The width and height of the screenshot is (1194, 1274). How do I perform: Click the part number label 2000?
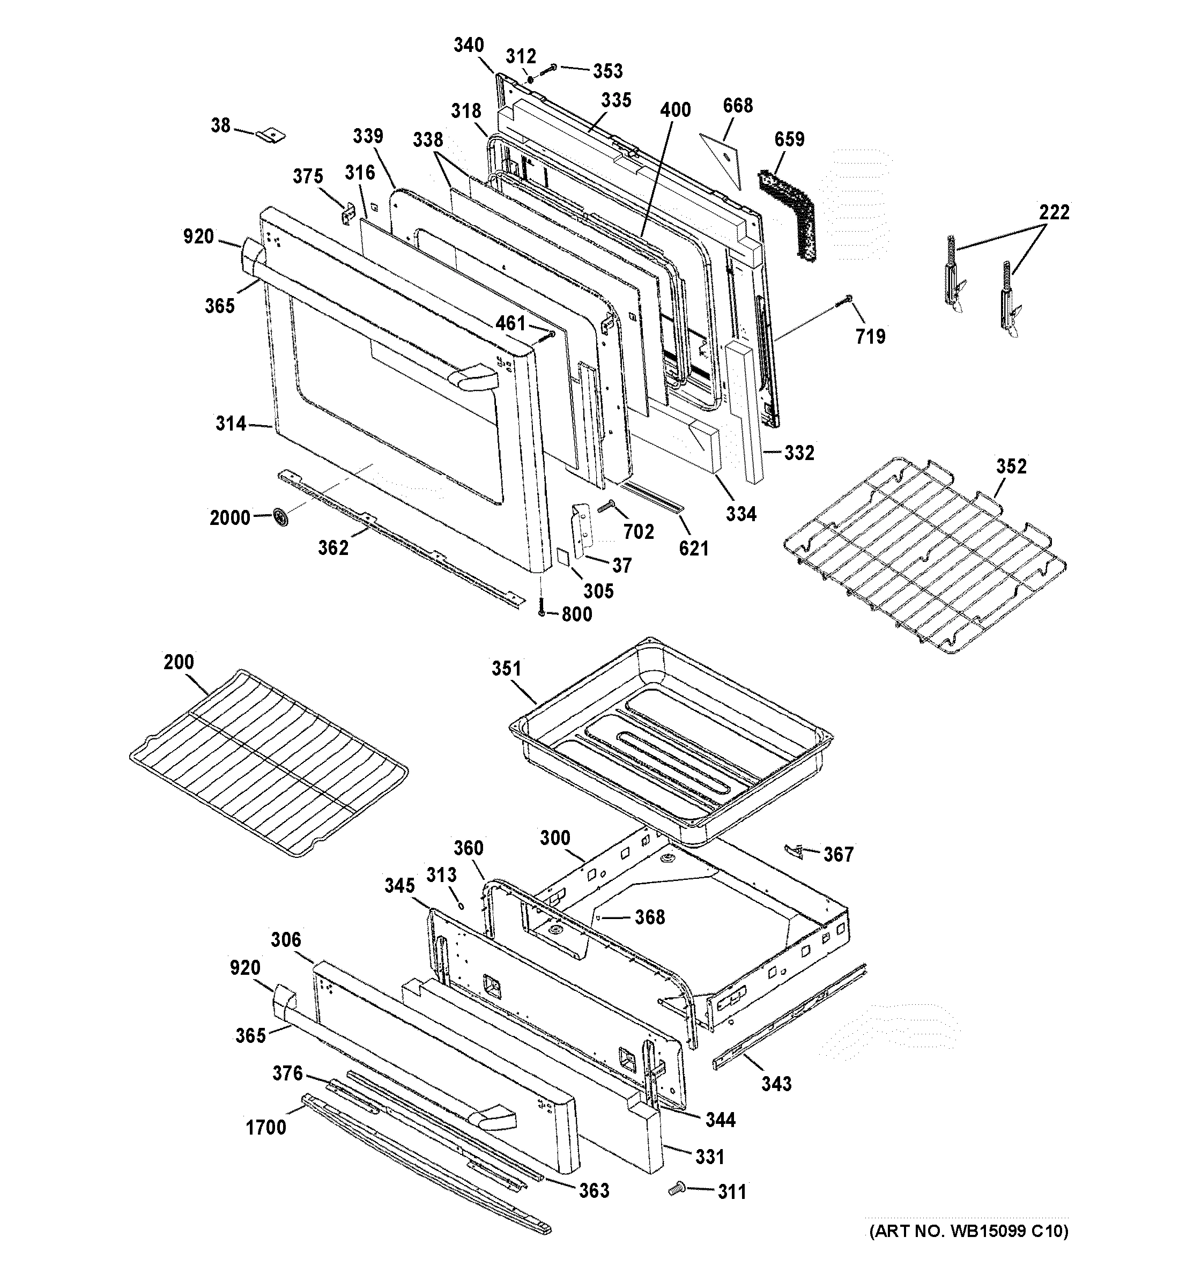click(229, 517)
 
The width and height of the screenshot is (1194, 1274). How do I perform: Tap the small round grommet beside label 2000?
click(280, 516)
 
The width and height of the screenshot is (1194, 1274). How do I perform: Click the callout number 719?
click(870, 336)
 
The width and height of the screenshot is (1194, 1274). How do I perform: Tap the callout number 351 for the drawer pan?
click(506, 669)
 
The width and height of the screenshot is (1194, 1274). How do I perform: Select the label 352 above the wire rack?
click(1011, 466)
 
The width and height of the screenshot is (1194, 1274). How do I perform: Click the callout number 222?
click(1054, 211)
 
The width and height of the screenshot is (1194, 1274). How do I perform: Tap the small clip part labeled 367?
click(793, 850)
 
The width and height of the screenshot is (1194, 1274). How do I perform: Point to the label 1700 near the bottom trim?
click(266, 1127)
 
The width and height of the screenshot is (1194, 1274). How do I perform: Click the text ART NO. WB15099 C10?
click(968, 1231)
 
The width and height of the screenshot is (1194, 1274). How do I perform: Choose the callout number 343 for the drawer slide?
click(776, 1084)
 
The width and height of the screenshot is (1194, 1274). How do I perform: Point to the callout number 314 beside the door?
click(231, 423)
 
